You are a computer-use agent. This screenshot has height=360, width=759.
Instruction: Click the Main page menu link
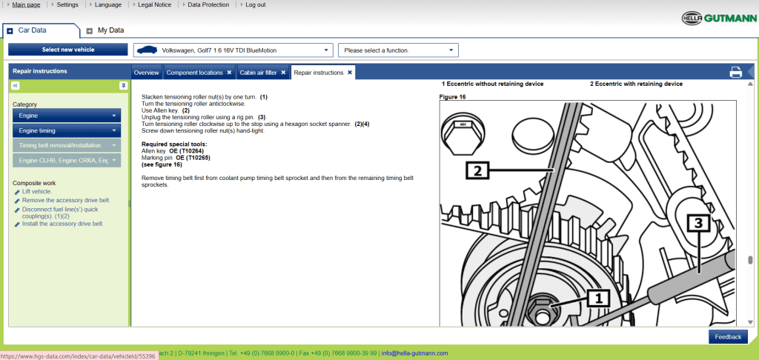[27, 4]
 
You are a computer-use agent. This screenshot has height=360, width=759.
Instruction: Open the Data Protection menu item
[208, 4]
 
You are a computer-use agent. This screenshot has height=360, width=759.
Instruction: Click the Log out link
[255, 4]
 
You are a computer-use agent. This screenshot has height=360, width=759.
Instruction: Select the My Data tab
[110, 30]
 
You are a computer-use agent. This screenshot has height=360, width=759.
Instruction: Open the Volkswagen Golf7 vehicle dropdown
[233, 50]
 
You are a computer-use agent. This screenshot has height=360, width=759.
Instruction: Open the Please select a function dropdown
[398, 50]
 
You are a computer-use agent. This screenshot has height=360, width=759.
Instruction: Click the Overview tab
[146, 73]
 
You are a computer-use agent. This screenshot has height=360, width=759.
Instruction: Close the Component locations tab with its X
[229, 73]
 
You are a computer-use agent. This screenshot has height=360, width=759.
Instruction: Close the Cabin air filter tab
[283, 73]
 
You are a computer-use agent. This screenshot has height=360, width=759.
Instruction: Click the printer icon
[735, 72]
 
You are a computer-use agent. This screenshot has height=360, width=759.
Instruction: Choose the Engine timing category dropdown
[67, 130]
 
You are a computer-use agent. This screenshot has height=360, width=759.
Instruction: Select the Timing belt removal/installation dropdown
[67, 145]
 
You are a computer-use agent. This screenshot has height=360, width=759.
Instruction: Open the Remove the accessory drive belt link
[65, 200]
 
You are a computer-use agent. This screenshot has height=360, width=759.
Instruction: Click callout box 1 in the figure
[598, 299]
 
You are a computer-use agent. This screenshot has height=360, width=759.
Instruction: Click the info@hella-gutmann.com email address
[414, 353]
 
